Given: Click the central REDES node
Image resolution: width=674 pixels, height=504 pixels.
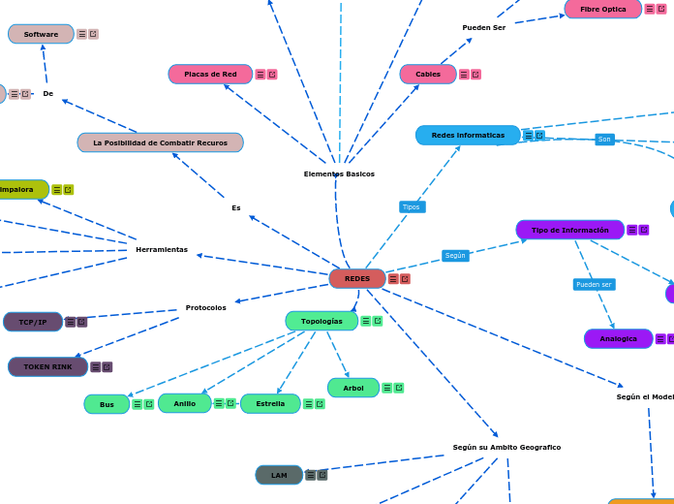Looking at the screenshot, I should point(357,279).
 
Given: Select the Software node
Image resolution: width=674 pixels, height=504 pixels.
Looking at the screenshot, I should point(41,34).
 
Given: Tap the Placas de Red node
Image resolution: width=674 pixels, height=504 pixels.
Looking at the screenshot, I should point(210,75).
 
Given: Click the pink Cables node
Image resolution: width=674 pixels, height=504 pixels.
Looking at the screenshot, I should point(428,75).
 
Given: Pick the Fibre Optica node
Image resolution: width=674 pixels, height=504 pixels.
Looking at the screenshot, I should point(602,9).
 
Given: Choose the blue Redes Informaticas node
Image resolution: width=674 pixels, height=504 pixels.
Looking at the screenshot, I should point(468,136).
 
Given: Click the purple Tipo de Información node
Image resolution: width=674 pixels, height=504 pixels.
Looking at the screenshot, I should point(569,230).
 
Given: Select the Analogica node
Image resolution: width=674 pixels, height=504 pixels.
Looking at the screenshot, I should point(618,339).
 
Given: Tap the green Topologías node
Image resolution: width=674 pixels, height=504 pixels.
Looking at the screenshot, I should point(322,321).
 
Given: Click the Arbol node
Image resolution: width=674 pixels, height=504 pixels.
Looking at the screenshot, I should point(353,388).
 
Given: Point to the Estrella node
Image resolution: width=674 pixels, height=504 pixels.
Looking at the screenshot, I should point(270,404).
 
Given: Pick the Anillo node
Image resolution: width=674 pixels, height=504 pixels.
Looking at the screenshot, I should point(184,404).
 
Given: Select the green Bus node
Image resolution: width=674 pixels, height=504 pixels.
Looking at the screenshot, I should point(107,404).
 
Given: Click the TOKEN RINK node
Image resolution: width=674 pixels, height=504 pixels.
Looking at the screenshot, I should point(47,367).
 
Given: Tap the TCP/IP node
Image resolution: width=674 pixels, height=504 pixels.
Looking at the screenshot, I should point(33,322).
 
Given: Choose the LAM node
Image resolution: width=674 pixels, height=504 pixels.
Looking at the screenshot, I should point(279,475).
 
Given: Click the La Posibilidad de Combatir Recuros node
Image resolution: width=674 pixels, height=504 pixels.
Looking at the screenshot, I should point(160,142).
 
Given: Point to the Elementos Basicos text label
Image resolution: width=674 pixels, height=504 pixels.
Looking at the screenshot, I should point(339,174).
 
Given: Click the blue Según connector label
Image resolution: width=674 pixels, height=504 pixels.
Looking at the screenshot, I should point(455,256).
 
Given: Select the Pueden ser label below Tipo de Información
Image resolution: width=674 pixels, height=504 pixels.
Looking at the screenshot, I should point(594,285).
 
